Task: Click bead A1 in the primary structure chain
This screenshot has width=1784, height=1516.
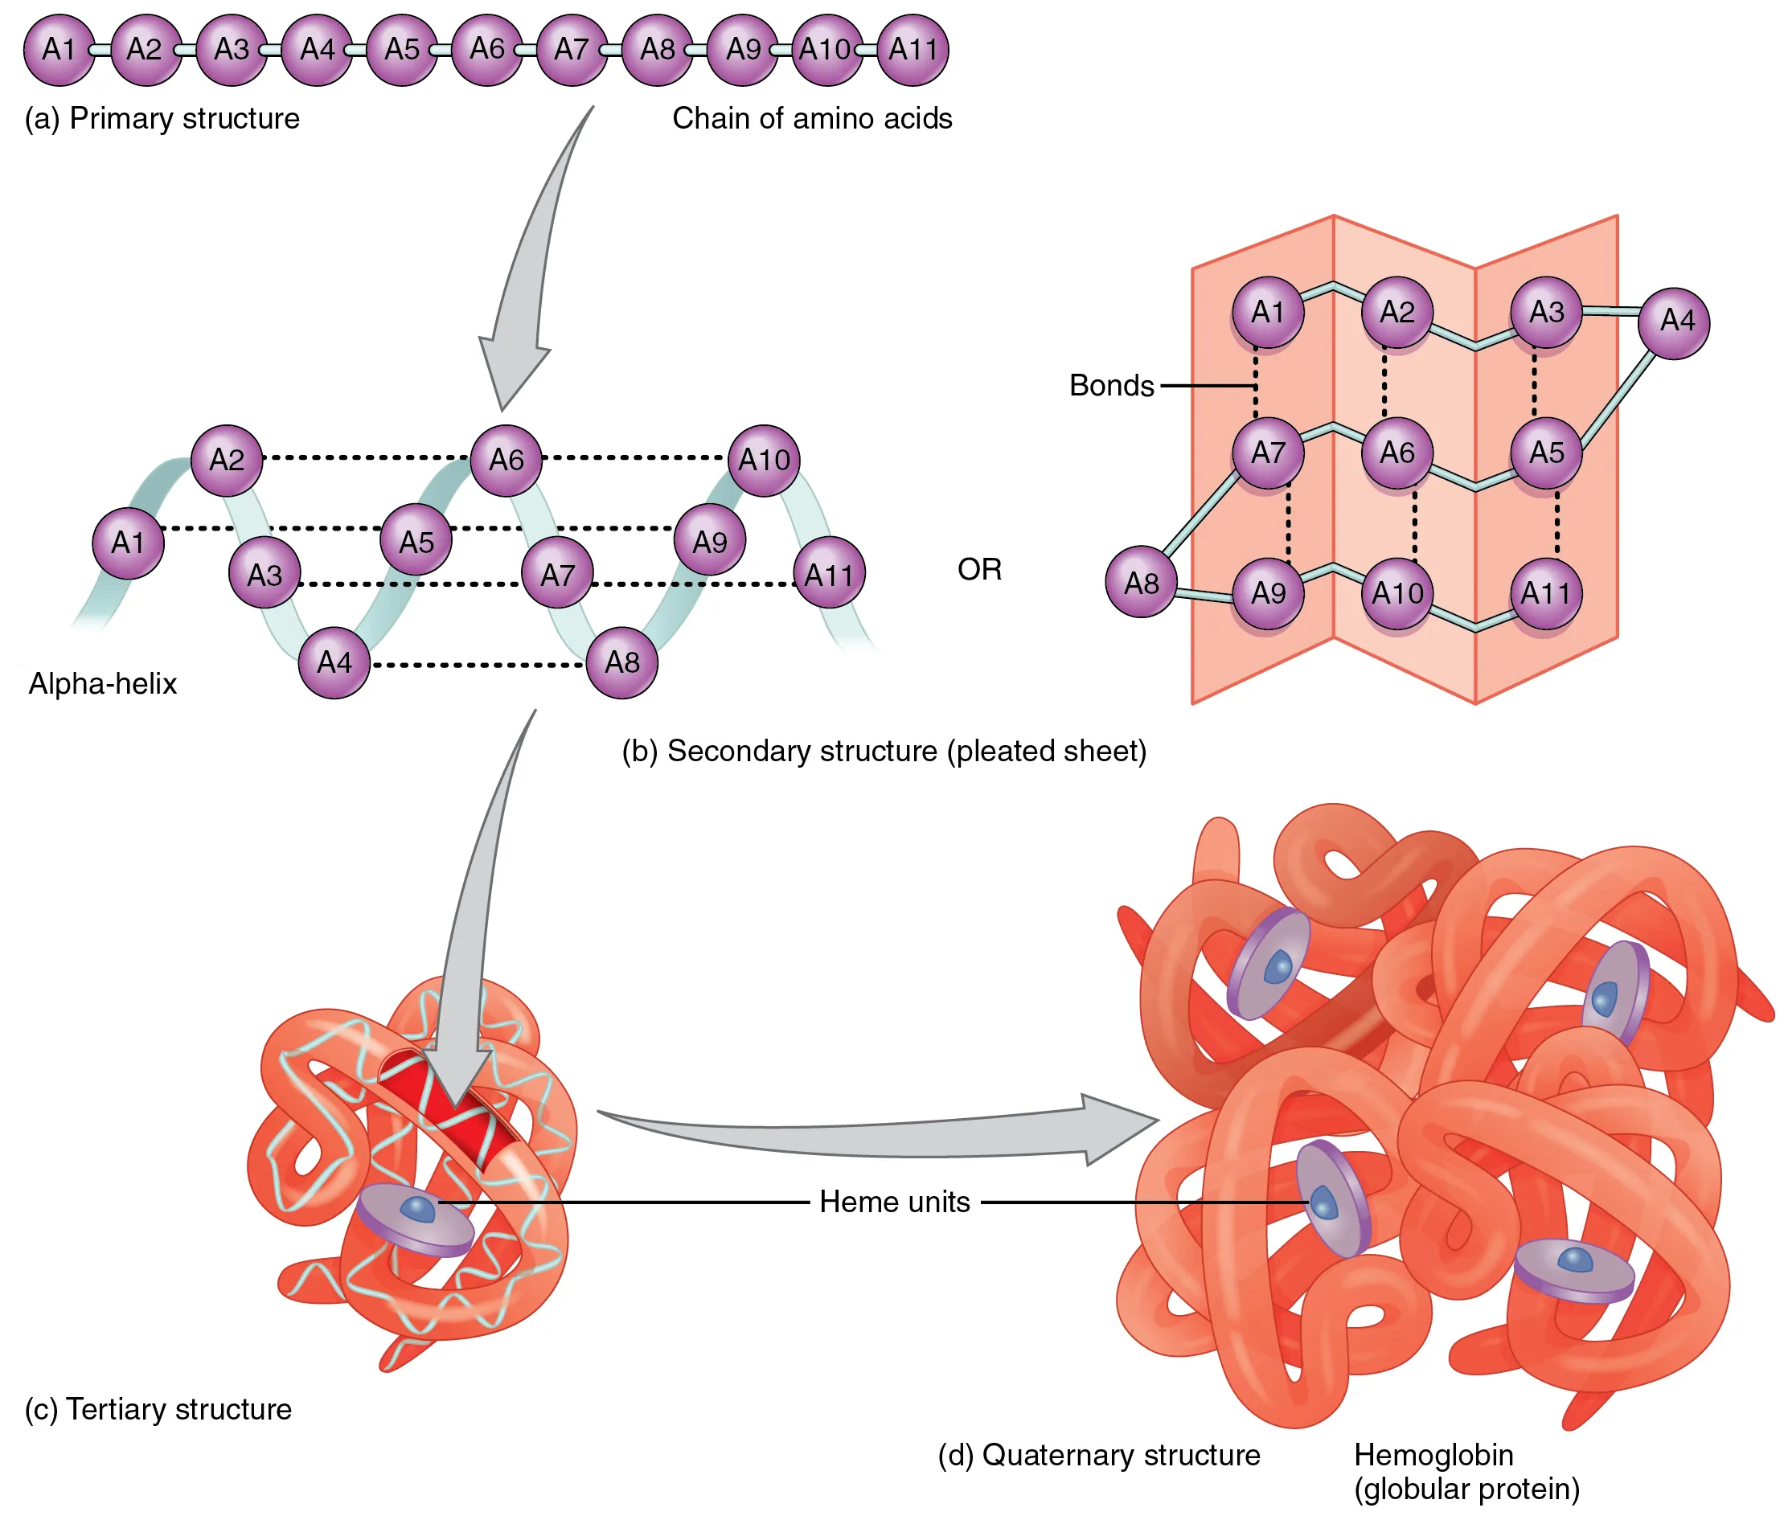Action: pos(59,49)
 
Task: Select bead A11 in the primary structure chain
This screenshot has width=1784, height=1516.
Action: pos(912,49)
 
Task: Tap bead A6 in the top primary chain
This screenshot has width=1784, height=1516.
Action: pos(486,49)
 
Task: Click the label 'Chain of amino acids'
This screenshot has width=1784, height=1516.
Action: pos(811,117)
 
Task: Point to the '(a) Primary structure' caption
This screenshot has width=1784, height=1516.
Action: pos(162,117)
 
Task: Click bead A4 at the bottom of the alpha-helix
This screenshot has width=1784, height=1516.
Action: pos(334,662)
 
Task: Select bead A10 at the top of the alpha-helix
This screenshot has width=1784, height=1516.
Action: pos(763,460)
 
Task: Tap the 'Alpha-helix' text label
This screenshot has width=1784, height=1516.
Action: pos(102,683)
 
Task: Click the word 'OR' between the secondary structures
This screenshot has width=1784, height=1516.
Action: pos(978,569)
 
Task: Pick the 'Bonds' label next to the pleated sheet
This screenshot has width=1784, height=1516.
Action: pos(1110,385)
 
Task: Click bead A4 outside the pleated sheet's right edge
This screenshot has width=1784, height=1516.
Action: pos(1672,322)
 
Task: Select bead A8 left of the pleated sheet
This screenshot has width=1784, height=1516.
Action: pos(1140,582)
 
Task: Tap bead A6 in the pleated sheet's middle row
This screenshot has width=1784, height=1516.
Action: pos(1396,452)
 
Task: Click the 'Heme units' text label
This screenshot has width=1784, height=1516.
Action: pos(894,1202)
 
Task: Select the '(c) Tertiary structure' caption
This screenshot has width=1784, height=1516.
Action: pos(158,1409)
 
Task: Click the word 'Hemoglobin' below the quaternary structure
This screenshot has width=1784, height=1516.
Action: pos(1433,1454)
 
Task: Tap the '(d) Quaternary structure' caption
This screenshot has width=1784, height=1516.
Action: pos(1098,1454)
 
